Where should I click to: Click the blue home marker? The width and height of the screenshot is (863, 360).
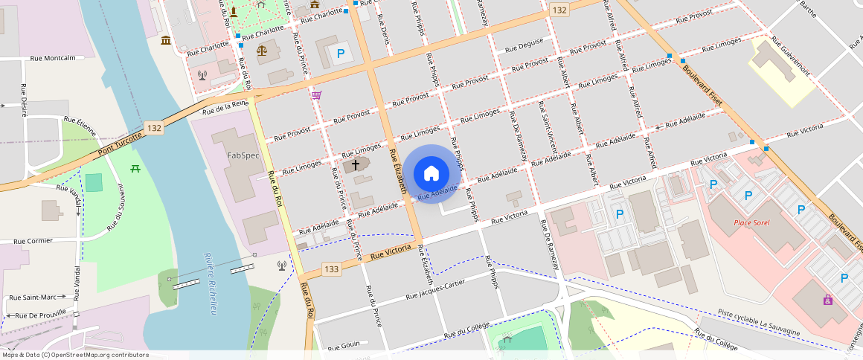[431, 173]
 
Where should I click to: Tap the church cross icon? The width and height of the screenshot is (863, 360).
[356, 164]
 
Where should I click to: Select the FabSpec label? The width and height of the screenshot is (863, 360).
[243, 155]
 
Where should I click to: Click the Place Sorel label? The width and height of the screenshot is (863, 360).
[751, 222]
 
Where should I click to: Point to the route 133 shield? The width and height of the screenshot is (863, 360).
[332, 268]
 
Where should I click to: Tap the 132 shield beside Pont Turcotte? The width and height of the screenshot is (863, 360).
[154, 128]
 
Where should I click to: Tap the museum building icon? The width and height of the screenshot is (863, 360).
[165, 39]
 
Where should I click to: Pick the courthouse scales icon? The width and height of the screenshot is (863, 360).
[262, 51]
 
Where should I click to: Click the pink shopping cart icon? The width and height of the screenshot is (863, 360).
[317, 95]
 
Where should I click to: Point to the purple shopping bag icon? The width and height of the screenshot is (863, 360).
[827, 300]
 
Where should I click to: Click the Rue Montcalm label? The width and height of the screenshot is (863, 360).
[54, 58]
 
